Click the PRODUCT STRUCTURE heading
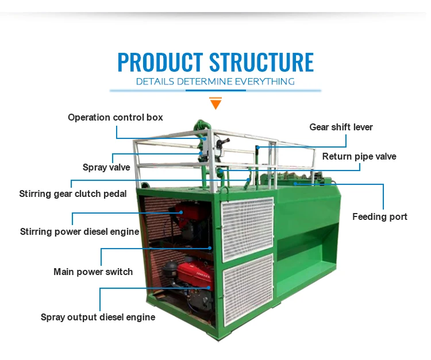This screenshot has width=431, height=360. [x=215, y=62]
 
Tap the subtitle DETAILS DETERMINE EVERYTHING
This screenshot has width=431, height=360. [x=215, y=82]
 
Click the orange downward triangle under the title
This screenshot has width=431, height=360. [x=215, y=104]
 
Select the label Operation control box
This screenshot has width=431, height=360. [x=115, y=117]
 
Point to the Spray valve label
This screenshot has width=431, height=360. [x=106, y=167]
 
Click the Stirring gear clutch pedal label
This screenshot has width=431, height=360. [x=73, y=193]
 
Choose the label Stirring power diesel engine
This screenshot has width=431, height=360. [x=80, y=231]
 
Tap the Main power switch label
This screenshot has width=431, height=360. [x=93, y=272]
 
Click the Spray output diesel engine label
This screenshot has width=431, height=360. [x=98, y=317]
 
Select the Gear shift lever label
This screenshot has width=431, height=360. [x=341, y=127]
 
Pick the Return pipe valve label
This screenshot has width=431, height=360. [x=359, y=156]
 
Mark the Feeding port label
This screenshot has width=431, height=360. [x=380, y=216]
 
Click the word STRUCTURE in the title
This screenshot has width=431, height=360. [x=261, y=62]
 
